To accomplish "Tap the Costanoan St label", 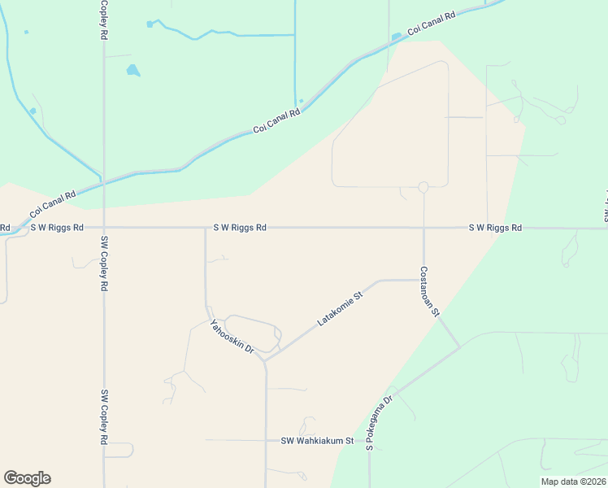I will click(x=429, y=290).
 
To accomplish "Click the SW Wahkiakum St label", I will click(x=317, y=441).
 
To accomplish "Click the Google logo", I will click(x=27, y=478).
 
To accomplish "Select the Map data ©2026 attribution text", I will click(x=573, y=481).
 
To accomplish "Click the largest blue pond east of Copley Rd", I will click(x=132, y=71).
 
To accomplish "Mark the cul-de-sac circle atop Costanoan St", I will click(x=423, y=187).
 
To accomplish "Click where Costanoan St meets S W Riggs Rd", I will click(x=423, y=228).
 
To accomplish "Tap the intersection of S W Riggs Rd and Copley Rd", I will click(x=103, y=228).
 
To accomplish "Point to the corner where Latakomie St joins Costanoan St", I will click(x=423, y=280).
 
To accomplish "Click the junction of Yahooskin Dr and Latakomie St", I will click(x=265, y=359).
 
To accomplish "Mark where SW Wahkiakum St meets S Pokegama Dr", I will click(x=369, y=441).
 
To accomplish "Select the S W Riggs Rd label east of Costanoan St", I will click(x=494, y=228).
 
